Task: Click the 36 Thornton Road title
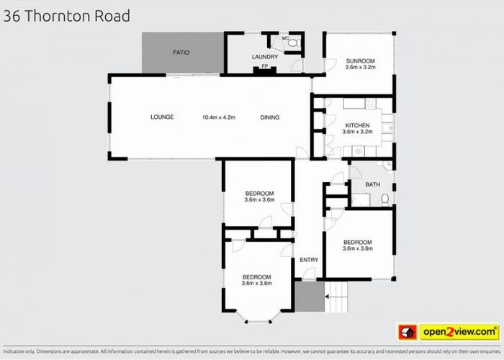click(67, 16)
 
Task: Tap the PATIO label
click(180, 53)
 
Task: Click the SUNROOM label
click(358, 60)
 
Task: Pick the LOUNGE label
click(162, 117)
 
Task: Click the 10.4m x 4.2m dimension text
click(219, 117)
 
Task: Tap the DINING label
click(269, 117)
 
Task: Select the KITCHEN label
click(357, 125)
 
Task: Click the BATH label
click(372, 184)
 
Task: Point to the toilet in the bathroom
click(386, 198)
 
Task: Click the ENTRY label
click(309, 259)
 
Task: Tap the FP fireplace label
click(264, 67)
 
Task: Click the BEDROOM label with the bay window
click(256, 277)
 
